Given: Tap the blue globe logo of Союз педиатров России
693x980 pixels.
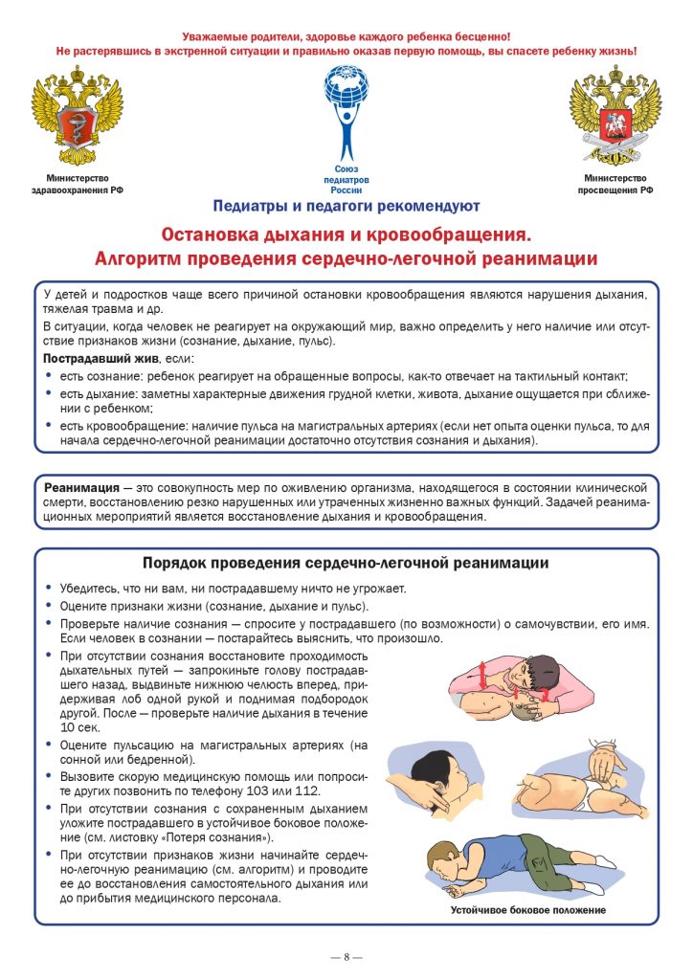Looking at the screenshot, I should (346, 110).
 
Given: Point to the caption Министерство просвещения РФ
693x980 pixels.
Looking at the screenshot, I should (615, 184).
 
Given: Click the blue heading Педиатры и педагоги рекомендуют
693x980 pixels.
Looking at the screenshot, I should (346, 206).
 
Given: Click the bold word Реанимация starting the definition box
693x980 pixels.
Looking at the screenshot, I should (82, 487).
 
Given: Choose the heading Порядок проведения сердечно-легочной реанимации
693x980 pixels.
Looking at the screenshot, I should (346, 563).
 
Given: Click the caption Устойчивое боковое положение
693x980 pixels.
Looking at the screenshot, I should (528, 909).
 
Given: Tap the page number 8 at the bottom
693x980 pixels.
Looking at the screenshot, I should (346, 956).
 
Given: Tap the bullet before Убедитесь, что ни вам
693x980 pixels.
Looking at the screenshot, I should (49, 589).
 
